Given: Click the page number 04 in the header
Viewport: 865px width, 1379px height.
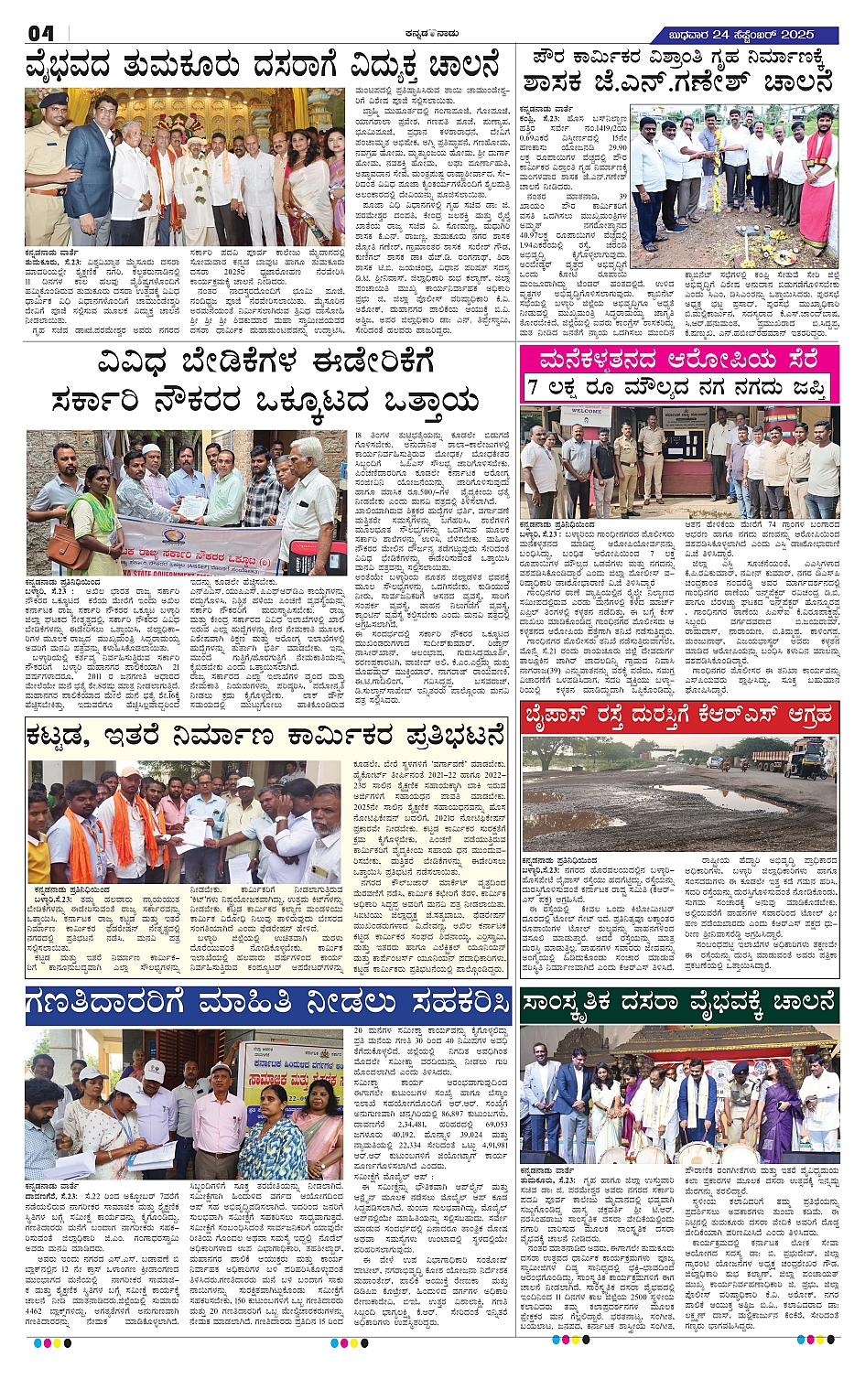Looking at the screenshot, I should click(41, 33).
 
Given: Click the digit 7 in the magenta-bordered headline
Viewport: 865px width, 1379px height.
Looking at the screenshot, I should click(533, 388).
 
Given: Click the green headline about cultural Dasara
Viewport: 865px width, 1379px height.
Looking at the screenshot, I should click(679, 1003).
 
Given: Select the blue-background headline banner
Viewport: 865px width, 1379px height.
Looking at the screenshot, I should click(267, 1004).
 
